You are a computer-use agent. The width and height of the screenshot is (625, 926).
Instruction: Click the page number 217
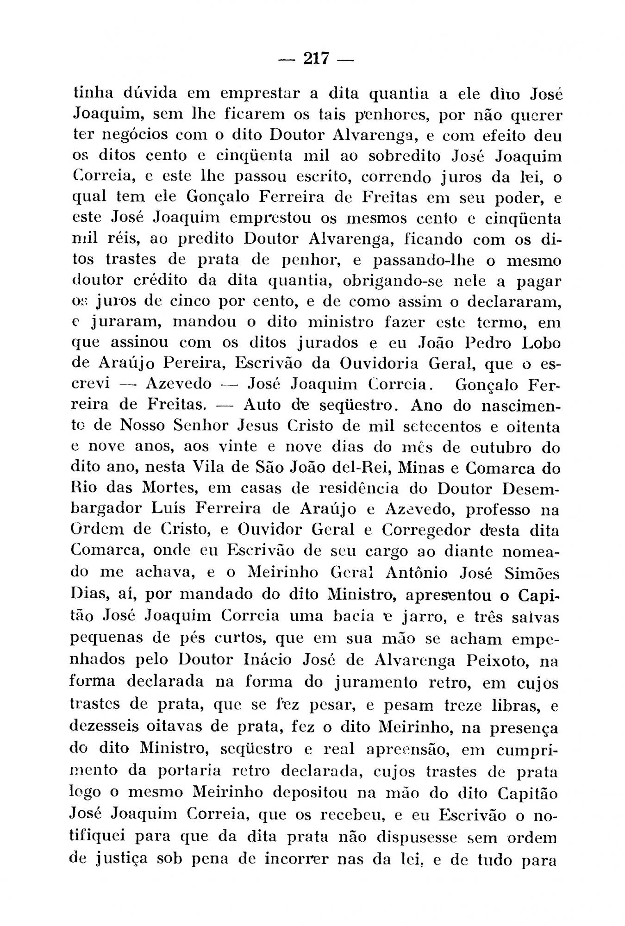pos(316,59)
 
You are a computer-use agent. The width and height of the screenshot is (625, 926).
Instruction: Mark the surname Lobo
pos(539,342)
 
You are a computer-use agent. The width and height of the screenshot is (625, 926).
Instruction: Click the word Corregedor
pos(426,530)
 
